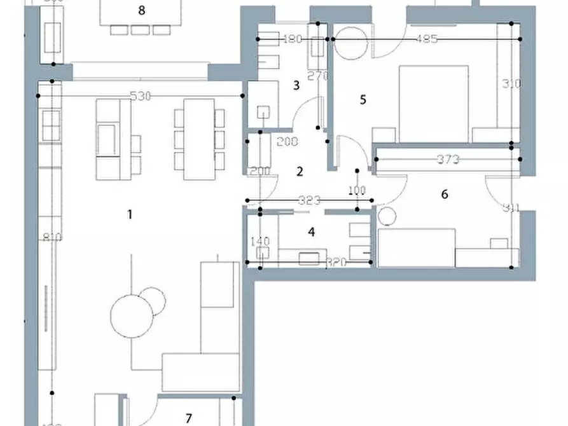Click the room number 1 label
coord(130,214)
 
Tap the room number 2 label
coord(300,171)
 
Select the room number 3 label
coord(296,85)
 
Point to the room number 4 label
coord(311,232)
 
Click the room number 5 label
coord(363,99)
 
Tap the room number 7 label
coord(189,418)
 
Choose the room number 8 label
coord(141,10)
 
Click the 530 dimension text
coord(140,97)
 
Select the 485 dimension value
coord(426,39)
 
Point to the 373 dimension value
coord(448,160)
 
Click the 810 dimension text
coord(52,238)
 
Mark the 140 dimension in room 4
coord(261,242)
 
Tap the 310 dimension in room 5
coord(511,83)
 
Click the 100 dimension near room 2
coord(357,190)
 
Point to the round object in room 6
coord(387,216)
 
